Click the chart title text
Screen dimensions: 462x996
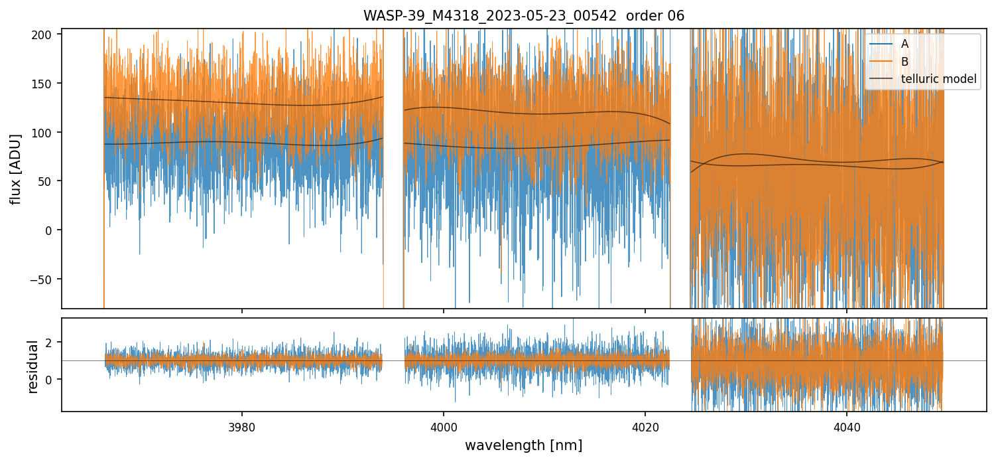(x=523, y=15)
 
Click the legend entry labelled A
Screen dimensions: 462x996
(x=904, y=44)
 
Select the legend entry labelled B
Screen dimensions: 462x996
(x=904, y=62)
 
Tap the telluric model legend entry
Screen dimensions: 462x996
(x=938, y=79)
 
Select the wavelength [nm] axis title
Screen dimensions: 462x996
(x=523, y=445)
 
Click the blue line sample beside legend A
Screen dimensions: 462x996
(x=881, y=44)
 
